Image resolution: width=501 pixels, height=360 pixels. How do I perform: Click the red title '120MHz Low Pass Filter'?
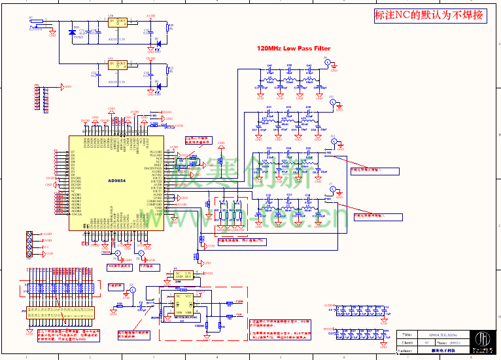tap(294, 48)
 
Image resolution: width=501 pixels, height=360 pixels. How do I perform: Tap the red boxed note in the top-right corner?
tap(429, 16)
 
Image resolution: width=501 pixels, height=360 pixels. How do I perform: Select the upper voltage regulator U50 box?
tap(118, 23)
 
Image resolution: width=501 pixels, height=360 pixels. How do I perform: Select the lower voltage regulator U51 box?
tap(118, 67)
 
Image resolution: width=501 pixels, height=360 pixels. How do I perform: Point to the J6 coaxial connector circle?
tap(328, 62)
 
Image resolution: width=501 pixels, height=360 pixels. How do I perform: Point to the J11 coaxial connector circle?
tap(332, 102)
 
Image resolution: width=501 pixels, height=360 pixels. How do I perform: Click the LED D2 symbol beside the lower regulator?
tap(158, 86)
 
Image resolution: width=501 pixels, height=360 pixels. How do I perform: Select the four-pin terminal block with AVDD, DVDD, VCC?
tap(29, 243)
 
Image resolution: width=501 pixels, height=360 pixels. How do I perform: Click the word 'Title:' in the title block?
tap(407, 334)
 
